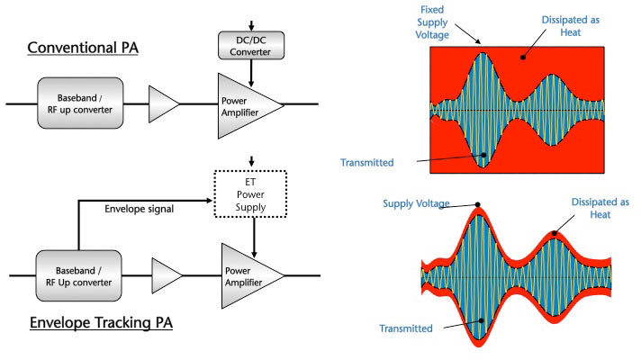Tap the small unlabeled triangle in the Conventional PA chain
point(164,104)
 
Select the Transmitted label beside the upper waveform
point(366,162)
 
